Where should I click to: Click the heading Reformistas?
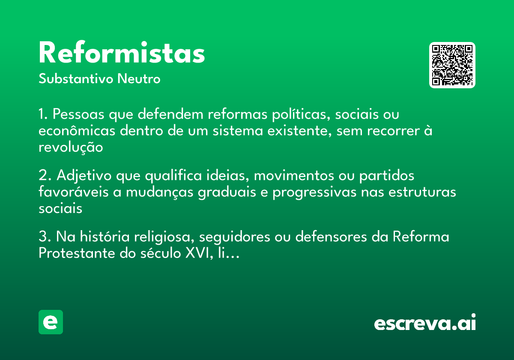point(122,54)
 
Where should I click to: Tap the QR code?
point(452,65)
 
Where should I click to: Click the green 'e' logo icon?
point(51,322)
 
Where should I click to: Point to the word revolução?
point(71,147)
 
